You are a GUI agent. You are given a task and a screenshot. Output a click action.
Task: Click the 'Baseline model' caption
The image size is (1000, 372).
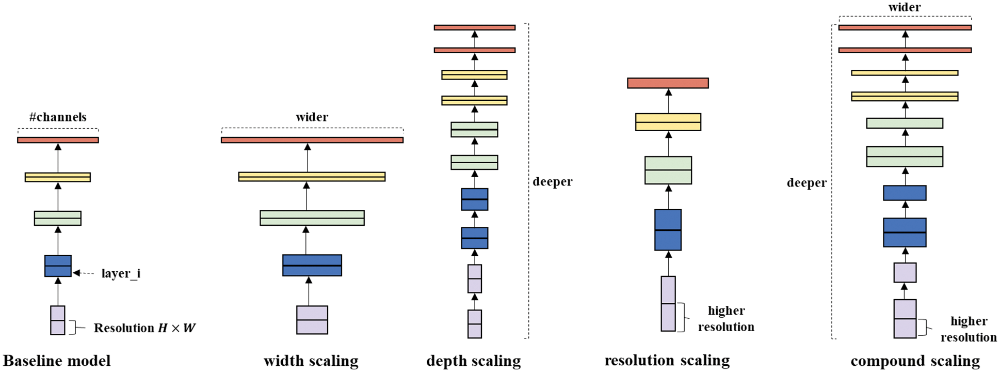click(x=57, y=361)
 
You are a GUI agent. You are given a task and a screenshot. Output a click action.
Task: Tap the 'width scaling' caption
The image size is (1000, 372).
click(x=311, y=361)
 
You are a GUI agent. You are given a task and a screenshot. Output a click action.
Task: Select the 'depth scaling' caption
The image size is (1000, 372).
click(x=474, y=361)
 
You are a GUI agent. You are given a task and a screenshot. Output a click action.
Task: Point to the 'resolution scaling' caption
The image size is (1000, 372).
click(x=667, y=361)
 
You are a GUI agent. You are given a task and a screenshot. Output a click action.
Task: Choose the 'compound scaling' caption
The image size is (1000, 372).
click(x=915, y=361)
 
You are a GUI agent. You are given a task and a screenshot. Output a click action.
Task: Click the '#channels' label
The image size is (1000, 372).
click(x=58, y=117)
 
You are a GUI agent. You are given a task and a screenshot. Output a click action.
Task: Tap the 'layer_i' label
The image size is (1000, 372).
click(x=121, y=273)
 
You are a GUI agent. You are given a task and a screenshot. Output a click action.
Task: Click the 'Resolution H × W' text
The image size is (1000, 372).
click(x=144, y=328)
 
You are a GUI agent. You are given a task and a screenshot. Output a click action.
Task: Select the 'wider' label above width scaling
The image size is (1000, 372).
click(x=312, y=117)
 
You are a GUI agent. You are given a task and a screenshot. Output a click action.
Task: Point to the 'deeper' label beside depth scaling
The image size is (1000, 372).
click(x=553, y=182)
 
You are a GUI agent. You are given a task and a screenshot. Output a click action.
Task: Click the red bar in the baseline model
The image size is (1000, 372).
click(x=58, y=140)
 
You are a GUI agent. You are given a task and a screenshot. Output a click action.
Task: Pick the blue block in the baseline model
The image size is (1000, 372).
click(x=58, y=266)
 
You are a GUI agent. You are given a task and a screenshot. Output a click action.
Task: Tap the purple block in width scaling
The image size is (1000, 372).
click(x=312, y=320)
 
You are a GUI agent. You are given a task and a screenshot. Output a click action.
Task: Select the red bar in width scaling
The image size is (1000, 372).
click(x=312, y=140)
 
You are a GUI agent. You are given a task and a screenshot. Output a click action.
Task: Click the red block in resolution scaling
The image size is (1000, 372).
click(x=668, y=83)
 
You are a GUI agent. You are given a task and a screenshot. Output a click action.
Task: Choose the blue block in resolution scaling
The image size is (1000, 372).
click(x=668, y=230)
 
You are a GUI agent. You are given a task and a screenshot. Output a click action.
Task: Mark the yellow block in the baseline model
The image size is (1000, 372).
click(x=58, y=177)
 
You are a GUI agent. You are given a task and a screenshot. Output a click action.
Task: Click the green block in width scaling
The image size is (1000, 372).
click(x=312, y=218)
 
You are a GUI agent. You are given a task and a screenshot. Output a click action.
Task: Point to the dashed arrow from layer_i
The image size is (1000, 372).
click(x=84, y=273)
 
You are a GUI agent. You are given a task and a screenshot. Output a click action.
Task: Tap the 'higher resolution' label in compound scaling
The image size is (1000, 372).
click(x=969, y=329)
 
